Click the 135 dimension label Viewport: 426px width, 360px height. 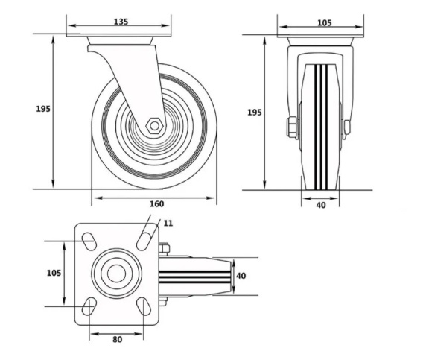pos(121,22)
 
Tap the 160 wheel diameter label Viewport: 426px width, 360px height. pos(157,203)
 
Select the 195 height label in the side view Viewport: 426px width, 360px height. pos(43,109)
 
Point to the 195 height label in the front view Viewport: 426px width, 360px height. pos(255,112)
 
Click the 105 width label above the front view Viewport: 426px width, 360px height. pos(325,22)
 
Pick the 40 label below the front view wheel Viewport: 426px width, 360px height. pos(321,205)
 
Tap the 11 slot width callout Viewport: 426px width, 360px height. pos(168,224)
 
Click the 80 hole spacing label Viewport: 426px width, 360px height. pos(118,339)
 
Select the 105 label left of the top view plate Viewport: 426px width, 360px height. pos(54,273)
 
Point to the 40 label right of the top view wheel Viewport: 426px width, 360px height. pos(241,276)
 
